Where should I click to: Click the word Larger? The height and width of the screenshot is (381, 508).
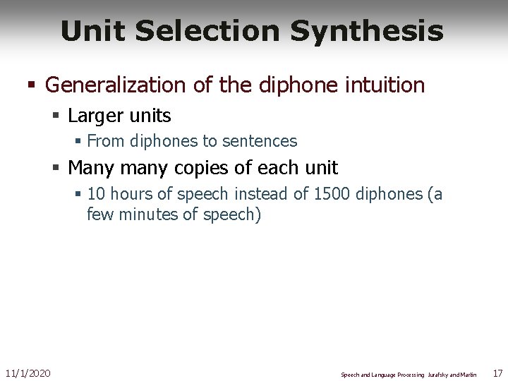coord(96,115)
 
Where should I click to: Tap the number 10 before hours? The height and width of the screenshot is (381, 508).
coord(97,194)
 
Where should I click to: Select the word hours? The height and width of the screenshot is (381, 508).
coord(132,194)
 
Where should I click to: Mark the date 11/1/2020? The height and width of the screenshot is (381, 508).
coord(28,373)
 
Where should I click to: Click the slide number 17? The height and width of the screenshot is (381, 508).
coord(497,373)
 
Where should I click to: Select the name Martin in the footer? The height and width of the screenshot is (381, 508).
coord(468,375)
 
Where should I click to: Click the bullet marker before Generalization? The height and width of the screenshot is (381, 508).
coord(30,86)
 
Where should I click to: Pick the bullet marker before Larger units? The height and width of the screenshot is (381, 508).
coord(55,116)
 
